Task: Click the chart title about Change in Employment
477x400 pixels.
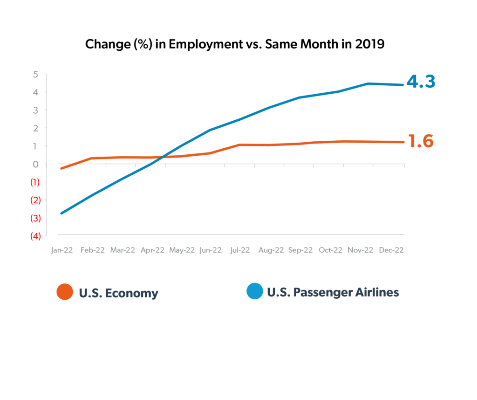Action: coord(234,45)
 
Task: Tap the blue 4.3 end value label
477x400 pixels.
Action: coord(421,82)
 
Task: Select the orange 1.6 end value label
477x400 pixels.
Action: coord(421,141)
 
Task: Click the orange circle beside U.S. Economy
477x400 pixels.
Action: coord(65,292)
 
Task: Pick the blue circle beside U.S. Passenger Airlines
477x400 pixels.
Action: coord(255,292)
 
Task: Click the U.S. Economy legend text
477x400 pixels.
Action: coord(118,293)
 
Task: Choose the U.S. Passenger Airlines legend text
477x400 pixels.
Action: coord(333,292)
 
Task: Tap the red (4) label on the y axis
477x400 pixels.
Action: coord(35,236)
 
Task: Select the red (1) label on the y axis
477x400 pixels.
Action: coord(35,182)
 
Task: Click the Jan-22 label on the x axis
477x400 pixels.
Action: coord(62,250)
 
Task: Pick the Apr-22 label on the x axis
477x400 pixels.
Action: coord(152,250)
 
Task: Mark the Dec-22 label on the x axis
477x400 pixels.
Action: coord(391,250)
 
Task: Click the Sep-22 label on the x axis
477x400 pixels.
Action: coord(300,250)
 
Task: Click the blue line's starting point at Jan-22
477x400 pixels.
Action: coord(61,213)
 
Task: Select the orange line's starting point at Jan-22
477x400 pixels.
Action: coord(61,168)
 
